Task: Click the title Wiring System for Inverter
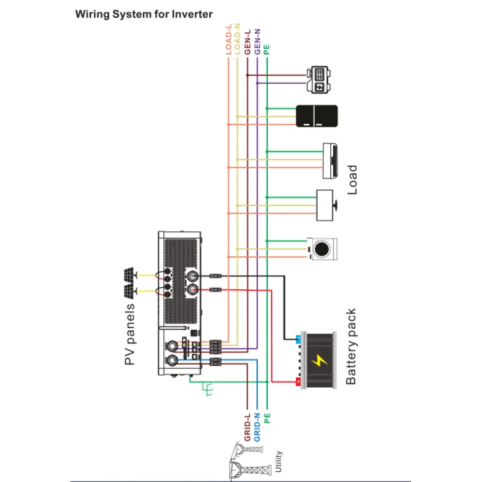click(x=144, y=14)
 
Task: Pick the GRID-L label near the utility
click(x=247, y=427)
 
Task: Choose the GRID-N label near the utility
click(x=257, y=427)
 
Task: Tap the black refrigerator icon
click(x=317, y=116)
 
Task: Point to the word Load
click(x=353, y=179)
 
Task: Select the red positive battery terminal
click(x=298, y=382)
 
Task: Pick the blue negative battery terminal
click(x=298, y=338)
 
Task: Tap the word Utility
click(x=278, y=461)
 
